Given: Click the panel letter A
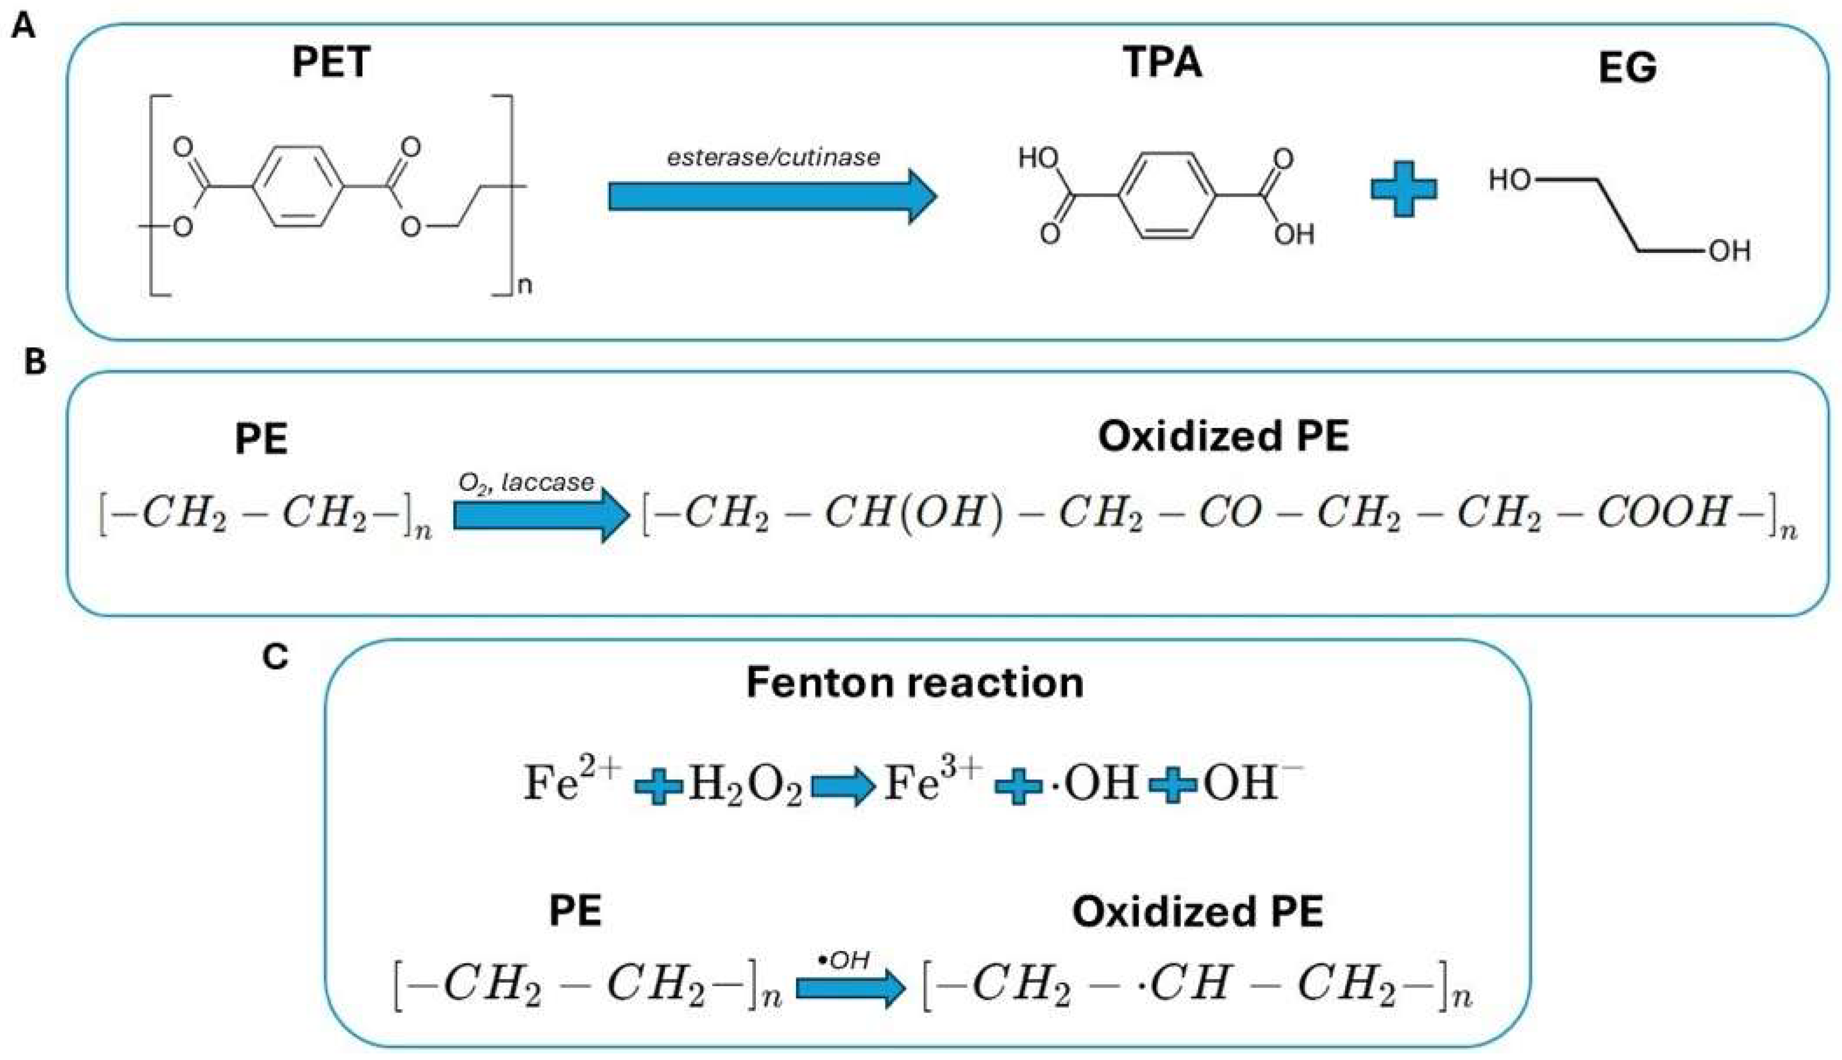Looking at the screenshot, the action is pos(23,28).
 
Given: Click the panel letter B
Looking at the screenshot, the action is pos(35,362).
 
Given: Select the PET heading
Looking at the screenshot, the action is pos(331,62).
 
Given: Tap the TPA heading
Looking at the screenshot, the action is pos(1162,62).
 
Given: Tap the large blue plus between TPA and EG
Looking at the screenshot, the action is pos(1404,189).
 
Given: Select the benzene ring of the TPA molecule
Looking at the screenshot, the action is pos(1167,195).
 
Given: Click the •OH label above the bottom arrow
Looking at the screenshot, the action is pos(844,960).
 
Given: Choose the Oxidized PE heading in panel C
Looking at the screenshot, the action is pos(1198,911).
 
